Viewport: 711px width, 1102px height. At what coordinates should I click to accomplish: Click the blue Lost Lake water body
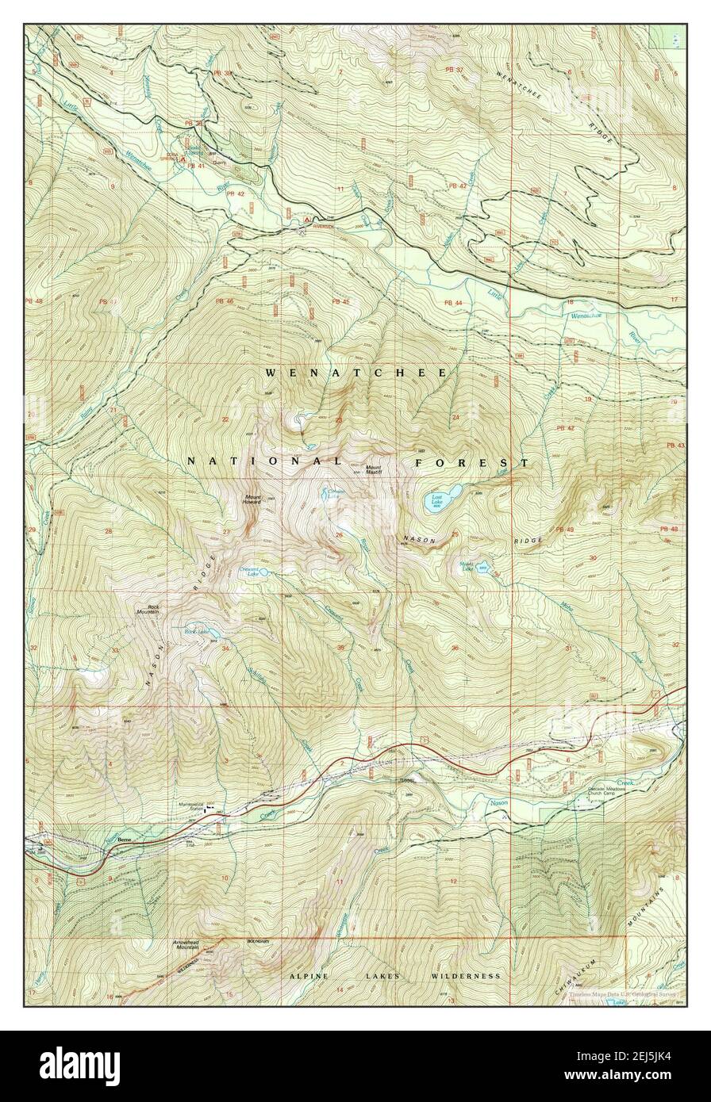tap(442, 499)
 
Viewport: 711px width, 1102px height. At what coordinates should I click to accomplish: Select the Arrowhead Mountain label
tap(186, 944)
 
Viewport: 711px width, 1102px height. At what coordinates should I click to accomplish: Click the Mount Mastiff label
tap(373, 469)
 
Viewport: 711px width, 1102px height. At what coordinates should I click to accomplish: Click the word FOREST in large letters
tap(471, 461)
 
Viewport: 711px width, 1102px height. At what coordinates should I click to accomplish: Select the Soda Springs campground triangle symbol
tap(184, 159)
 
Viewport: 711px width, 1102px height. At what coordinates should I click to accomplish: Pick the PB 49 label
tap(564, 530)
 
